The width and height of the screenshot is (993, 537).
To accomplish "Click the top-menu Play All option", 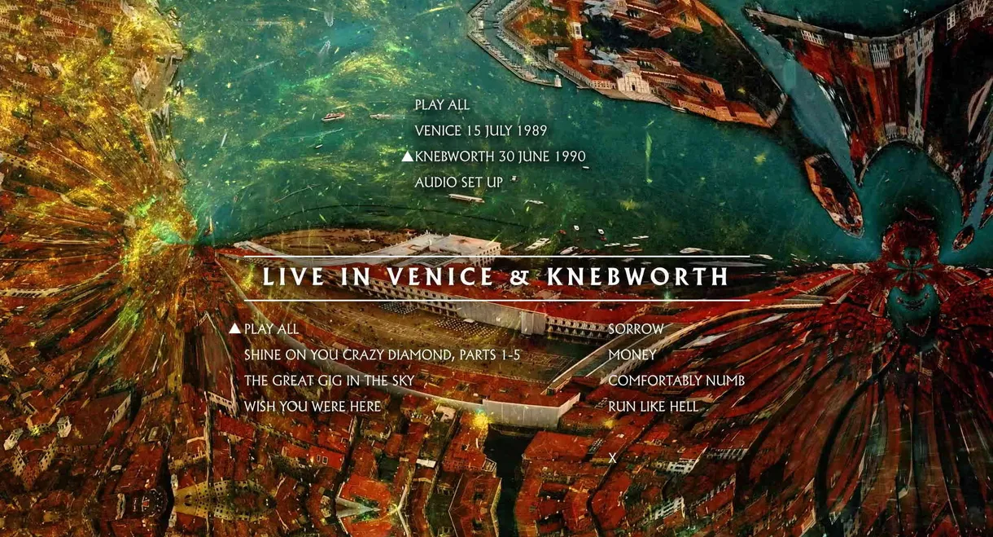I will point(442,105).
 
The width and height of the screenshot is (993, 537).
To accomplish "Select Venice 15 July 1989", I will point(480,131).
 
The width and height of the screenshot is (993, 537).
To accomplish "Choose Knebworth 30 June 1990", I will point(500,156).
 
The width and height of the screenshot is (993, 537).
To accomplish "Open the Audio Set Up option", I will point(458,183).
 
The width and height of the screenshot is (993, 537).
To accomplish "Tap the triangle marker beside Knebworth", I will point(407,156).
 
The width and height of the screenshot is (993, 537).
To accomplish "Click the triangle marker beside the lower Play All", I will point(234,328).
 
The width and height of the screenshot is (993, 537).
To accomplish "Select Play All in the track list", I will point(271,329).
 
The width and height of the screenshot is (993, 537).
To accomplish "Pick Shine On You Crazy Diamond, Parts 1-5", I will point(382,355).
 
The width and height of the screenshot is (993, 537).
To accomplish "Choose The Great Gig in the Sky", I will point(329,381).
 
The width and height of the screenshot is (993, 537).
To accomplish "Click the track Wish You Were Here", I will point(312,407).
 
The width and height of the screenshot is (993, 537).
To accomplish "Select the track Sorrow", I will point(636,329).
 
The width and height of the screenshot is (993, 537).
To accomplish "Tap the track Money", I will point(632,355).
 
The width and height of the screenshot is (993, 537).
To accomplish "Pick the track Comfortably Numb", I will point(676,381).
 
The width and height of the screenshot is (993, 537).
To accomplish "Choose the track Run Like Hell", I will point(653,407).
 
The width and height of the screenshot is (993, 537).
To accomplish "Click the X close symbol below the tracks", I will point(613,459).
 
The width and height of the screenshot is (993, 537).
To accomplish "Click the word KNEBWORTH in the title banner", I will point(638,277).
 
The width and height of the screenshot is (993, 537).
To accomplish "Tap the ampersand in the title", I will point(521,277).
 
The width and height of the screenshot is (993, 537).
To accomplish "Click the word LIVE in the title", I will point(293,277).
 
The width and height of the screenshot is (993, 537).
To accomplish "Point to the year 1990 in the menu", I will point(569,156).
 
